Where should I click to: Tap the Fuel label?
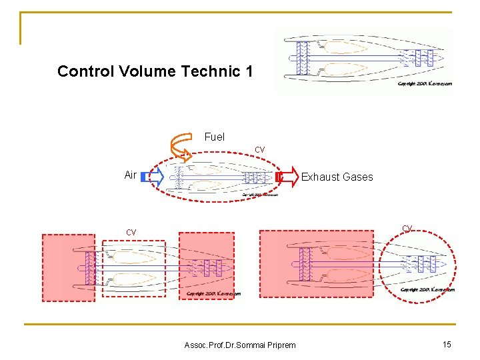point(214,137)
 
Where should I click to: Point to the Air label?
point(131,175)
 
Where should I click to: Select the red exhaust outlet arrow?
point(287,177)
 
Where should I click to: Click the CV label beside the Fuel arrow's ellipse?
point(260,150)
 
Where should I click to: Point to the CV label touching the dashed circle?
point(407,229)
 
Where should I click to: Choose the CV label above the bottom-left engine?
point(131,232)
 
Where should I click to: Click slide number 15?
point(447,343)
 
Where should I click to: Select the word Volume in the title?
point(136,71)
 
